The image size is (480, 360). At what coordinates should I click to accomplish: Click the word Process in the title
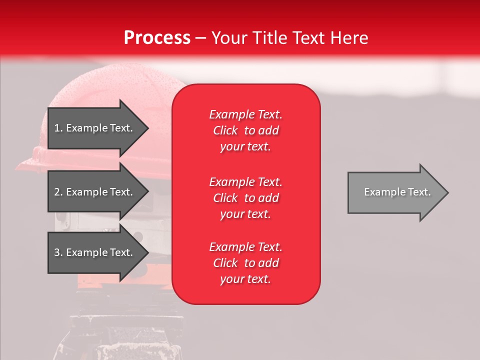click(x=157, y=38)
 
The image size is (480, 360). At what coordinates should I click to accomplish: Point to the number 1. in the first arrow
click(x=58, y=128)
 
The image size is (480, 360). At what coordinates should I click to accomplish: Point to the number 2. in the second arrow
click(x=58, y=192)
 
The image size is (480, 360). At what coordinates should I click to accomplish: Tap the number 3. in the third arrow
click(x=58, y=252)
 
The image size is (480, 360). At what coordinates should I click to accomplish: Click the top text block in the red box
click(x=245, y=130)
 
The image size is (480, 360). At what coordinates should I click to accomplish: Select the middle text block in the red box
click(x=245, y=198)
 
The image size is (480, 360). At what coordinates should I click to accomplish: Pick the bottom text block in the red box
click(x=245, y=263)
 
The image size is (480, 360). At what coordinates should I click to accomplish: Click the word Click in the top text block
click(x=225, y=130)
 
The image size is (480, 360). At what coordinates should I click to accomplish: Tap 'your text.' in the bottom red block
click(x=245, y=279)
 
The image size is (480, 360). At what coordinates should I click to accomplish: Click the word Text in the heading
click(x=307, y=38)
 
